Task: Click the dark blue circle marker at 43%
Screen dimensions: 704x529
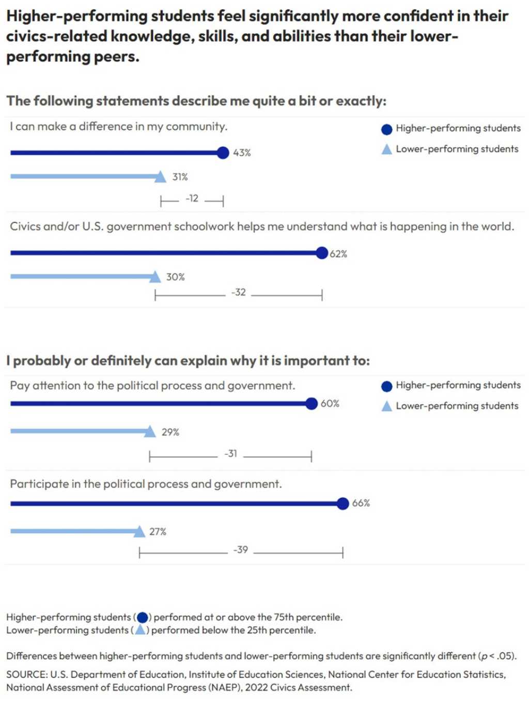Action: pos(223,152)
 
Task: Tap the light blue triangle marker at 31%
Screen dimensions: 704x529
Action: pos(160,177)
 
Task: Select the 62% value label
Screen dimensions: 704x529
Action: pos(338,254)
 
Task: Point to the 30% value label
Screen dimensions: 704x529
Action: pos(175,277)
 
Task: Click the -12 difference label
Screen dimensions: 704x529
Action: pos(192,198)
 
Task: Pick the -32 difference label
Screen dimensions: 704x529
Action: pos(238,293)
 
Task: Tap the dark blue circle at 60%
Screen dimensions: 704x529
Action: pos(312,404)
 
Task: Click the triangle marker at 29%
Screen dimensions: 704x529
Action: pos(150,432)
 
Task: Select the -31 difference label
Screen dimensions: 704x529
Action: pos(230,454)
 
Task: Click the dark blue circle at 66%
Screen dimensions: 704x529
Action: pos(343,503)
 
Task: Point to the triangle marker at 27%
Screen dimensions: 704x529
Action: pos(139,531)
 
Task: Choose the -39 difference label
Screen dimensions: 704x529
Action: pos(240,550)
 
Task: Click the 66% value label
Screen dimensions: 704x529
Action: pos(361,503)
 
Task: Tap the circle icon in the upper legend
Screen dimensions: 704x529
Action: pos(386,129)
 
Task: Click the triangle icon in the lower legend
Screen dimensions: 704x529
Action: pos(386,406)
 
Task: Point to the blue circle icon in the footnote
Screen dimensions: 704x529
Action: pos(143,617)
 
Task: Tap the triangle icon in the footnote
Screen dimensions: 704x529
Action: pos(140,630)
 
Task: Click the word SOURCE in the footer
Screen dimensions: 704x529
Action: pos(26,675)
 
